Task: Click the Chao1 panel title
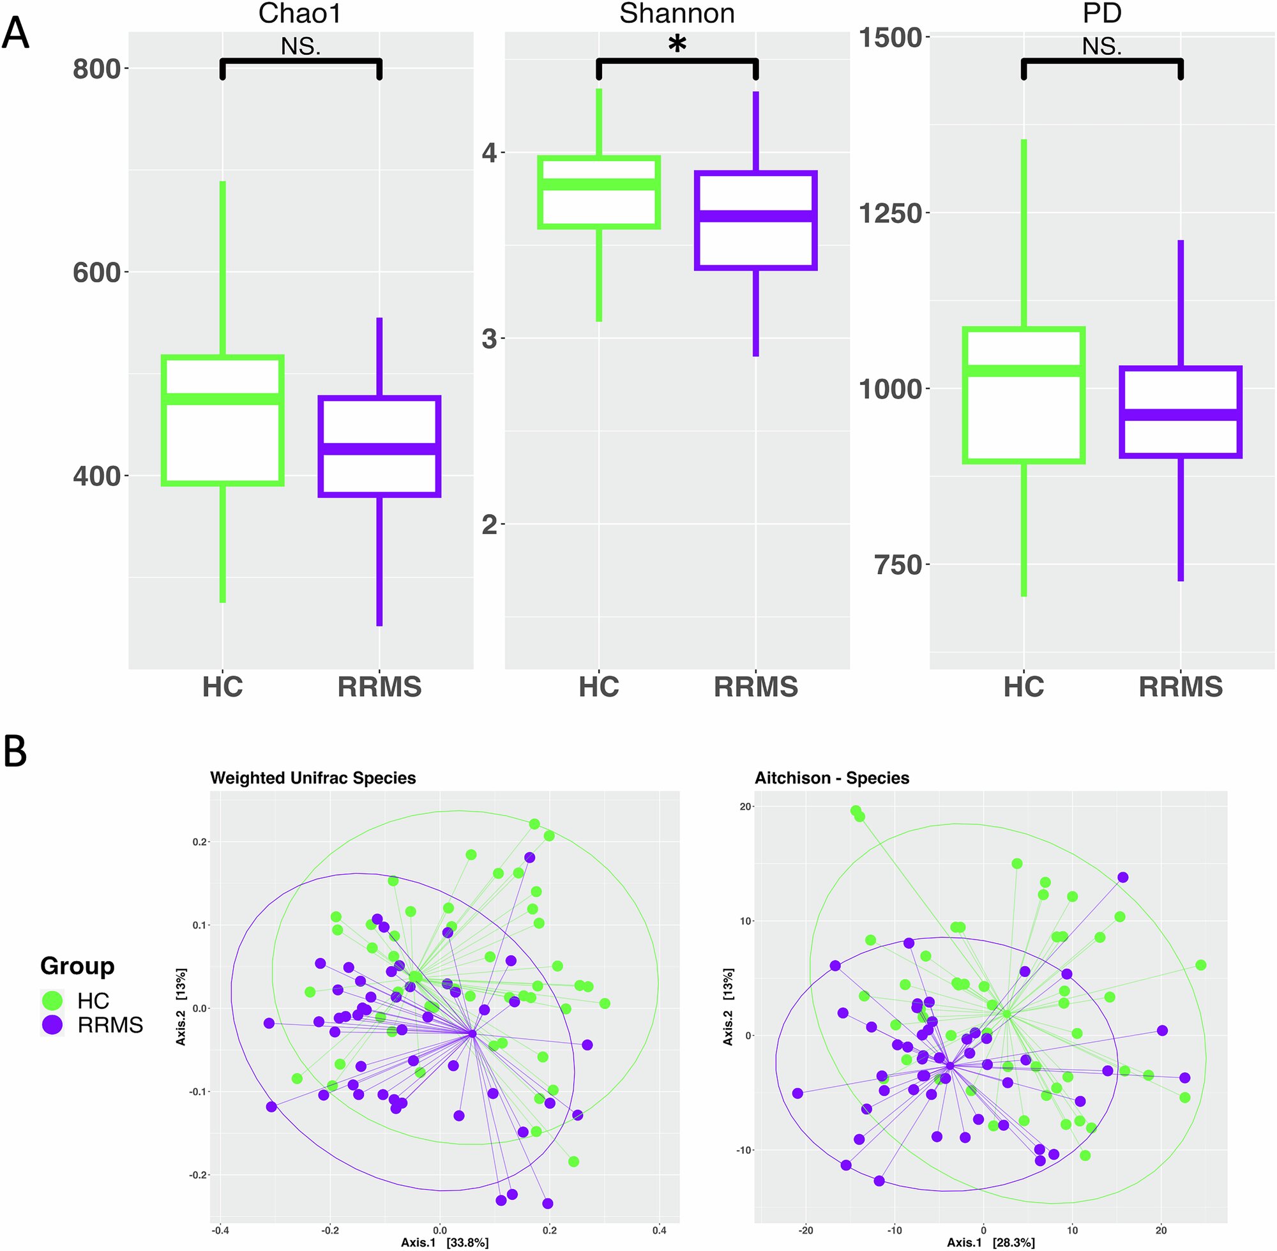[x=299, y=13]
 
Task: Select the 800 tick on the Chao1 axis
[x=97, y=69]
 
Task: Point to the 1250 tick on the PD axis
[x=891, y=213]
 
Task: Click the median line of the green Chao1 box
[x=223, y=399]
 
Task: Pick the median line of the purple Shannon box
[x=755, y=216]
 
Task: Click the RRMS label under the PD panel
[x=1181, y=687]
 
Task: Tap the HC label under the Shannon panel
[x=598, y=687]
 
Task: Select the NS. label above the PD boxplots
[x=1101, y=47]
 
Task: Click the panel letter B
[x=16, y=752]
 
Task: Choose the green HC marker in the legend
[x=52, y=1001]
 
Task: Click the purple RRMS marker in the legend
[x=52, y=1025]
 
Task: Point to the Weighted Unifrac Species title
[x=313, y=778]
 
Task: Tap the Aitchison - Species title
[x=831, y=778]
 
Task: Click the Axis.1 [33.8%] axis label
[x=445, y=1243]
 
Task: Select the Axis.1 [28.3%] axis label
[x=990, y=1243]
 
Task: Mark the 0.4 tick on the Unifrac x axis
[x=660, y=1231]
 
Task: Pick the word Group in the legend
[x=77, y=966]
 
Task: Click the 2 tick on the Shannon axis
[x=489, y=525]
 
